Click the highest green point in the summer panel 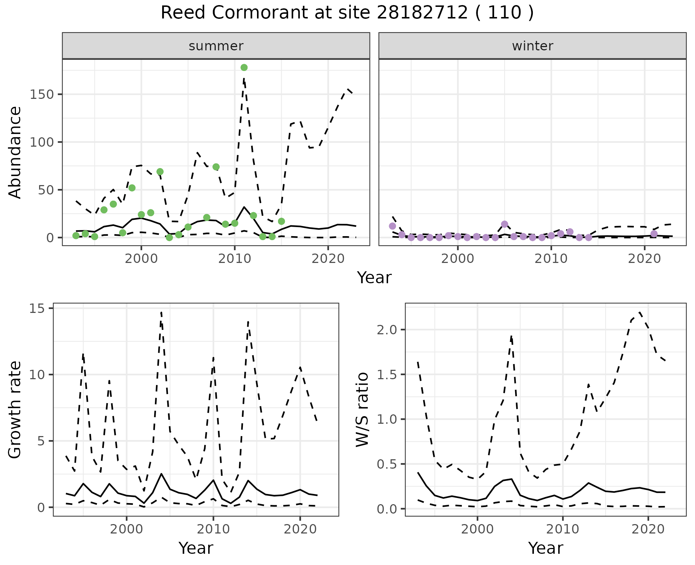click(x=244, y=67)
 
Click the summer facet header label click(x=216, y=46)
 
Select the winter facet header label click(x=532, y=46)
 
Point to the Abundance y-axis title click(x=15, y=152)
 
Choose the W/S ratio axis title click(x=362, y=409)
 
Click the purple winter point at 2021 click(x=654, y=234)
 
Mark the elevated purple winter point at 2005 click(x=505, y=224)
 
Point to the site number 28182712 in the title click(x=422, y=13)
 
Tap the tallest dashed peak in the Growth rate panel click(x=161, y=312)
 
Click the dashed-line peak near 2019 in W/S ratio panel click(x=640, y=312)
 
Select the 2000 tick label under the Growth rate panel click(x=126, y=530)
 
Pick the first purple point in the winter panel click(x=392, y=226)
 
